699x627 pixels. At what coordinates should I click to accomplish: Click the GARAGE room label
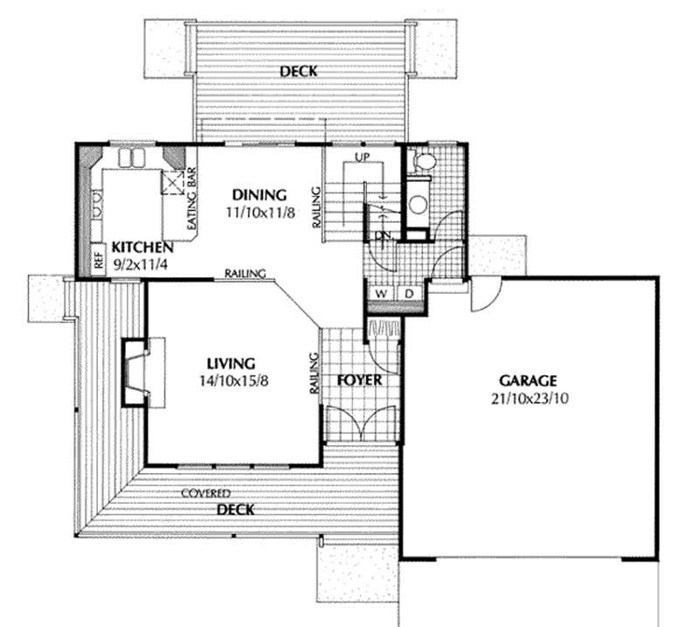tap(528, 381)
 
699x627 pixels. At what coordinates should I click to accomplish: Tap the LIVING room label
tap(231, 363)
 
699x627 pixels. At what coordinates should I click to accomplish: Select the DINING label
tap(259, 194)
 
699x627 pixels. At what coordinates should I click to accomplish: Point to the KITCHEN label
tap(134, 247)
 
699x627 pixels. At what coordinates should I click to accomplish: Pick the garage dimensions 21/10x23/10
tap(528, 398)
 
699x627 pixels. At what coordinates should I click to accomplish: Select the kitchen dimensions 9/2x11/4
tap(134, 263)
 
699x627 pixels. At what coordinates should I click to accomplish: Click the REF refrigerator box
tap(99, 261)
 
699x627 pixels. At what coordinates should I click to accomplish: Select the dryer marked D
tap(409, 294)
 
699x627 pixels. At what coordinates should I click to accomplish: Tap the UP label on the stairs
tap(363, 157)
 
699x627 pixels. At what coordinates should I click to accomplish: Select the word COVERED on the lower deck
tap(206, 494)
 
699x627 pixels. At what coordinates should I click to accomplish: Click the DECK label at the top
tap(298, 71)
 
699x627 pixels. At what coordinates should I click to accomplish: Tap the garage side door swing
tap(483, 296)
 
